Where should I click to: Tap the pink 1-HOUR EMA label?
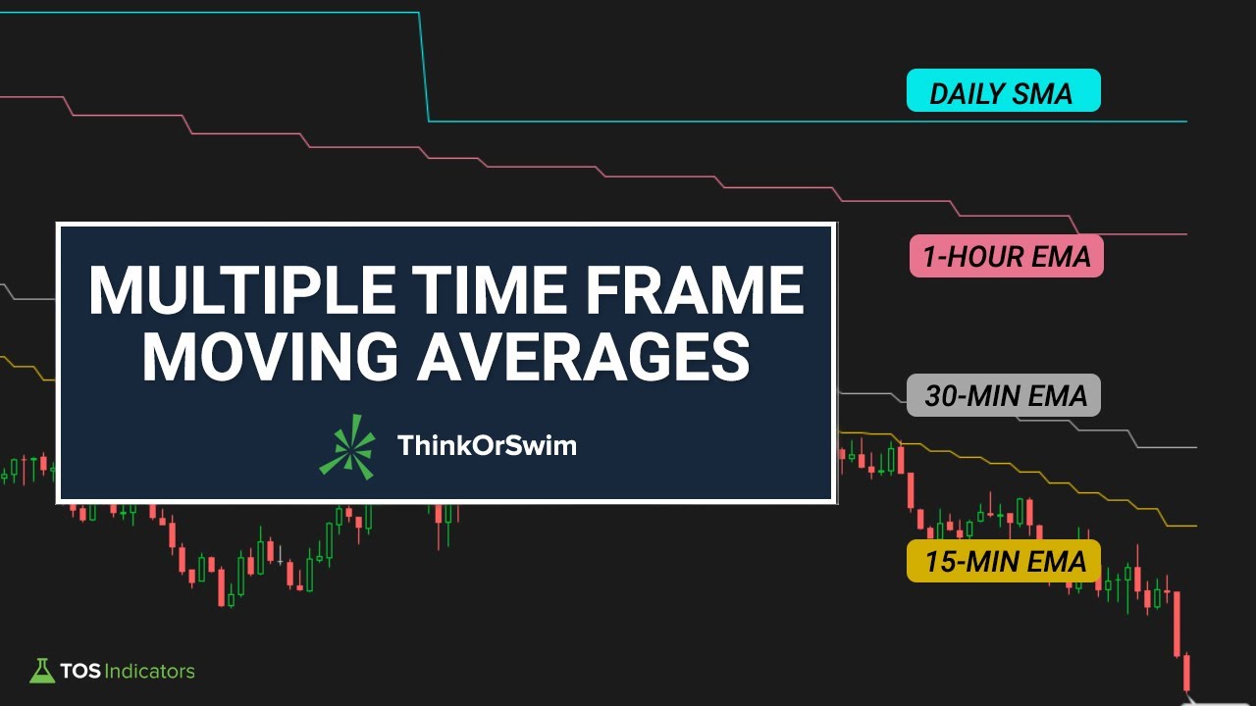click(1006, 256)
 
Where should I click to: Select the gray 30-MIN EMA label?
click(1004, 395)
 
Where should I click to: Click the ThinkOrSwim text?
click(487, 446)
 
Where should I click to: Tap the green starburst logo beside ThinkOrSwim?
click(347, 446)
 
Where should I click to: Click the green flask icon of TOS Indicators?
click(41, 671)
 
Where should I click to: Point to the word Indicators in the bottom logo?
click(149, 672)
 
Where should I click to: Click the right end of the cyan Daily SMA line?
click(1185, 122)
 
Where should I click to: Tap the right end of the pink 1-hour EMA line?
click(1185, 234)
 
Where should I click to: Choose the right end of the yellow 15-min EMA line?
click(1194, 526)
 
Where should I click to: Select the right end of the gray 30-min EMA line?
click(1194, 447)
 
